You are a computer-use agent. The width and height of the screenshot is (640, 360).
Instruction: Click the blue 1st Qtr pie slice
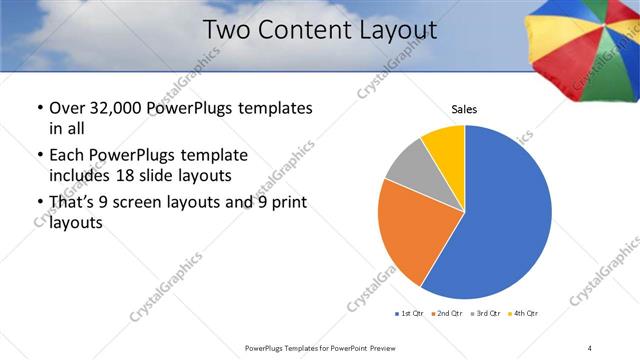click(x=500, y=220)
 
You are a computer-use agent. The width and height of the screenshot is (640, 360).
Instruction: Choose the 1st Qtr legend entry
click(x=411, y=314)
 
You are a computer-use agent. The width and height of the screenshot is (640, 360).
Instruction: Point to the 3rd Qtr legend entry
click(x=485, y=314)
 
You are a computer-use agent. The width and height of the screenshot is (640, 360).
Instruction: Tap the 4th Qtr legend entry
click(x=523, y=314)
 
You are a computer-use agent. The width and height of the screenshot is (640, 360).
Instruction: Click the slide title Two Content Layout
click(x=320, y=30)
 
